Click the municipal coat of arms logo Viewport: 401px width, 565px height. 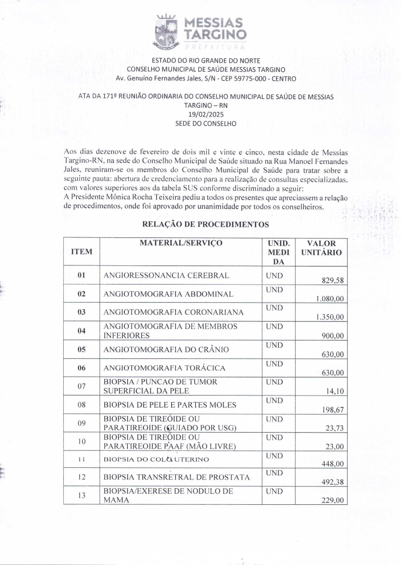click(166, 32)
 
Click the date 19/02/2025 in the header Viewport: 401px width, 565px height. click(200, 114)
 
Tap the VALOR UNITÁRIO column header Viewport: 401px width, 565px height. click(321, 248)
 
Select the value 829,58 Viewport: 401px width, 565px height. click(332, 280)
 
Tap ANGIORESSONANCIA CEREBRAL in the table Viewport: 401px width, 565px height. click(166, 276)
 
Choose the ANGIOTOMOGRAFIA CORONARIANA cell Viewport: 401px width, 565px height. click(173, 313)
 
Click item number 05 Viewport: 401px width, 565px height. click(82, 350)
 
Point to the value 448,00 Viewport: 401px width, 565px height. click(332, 464)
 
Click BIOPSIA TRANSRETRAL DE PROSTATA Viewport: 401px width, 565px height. click(176, 477)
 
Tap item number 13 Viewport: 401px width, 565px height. click(82, 495)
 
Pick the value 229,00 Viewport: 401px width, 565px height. click(332, 501)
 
